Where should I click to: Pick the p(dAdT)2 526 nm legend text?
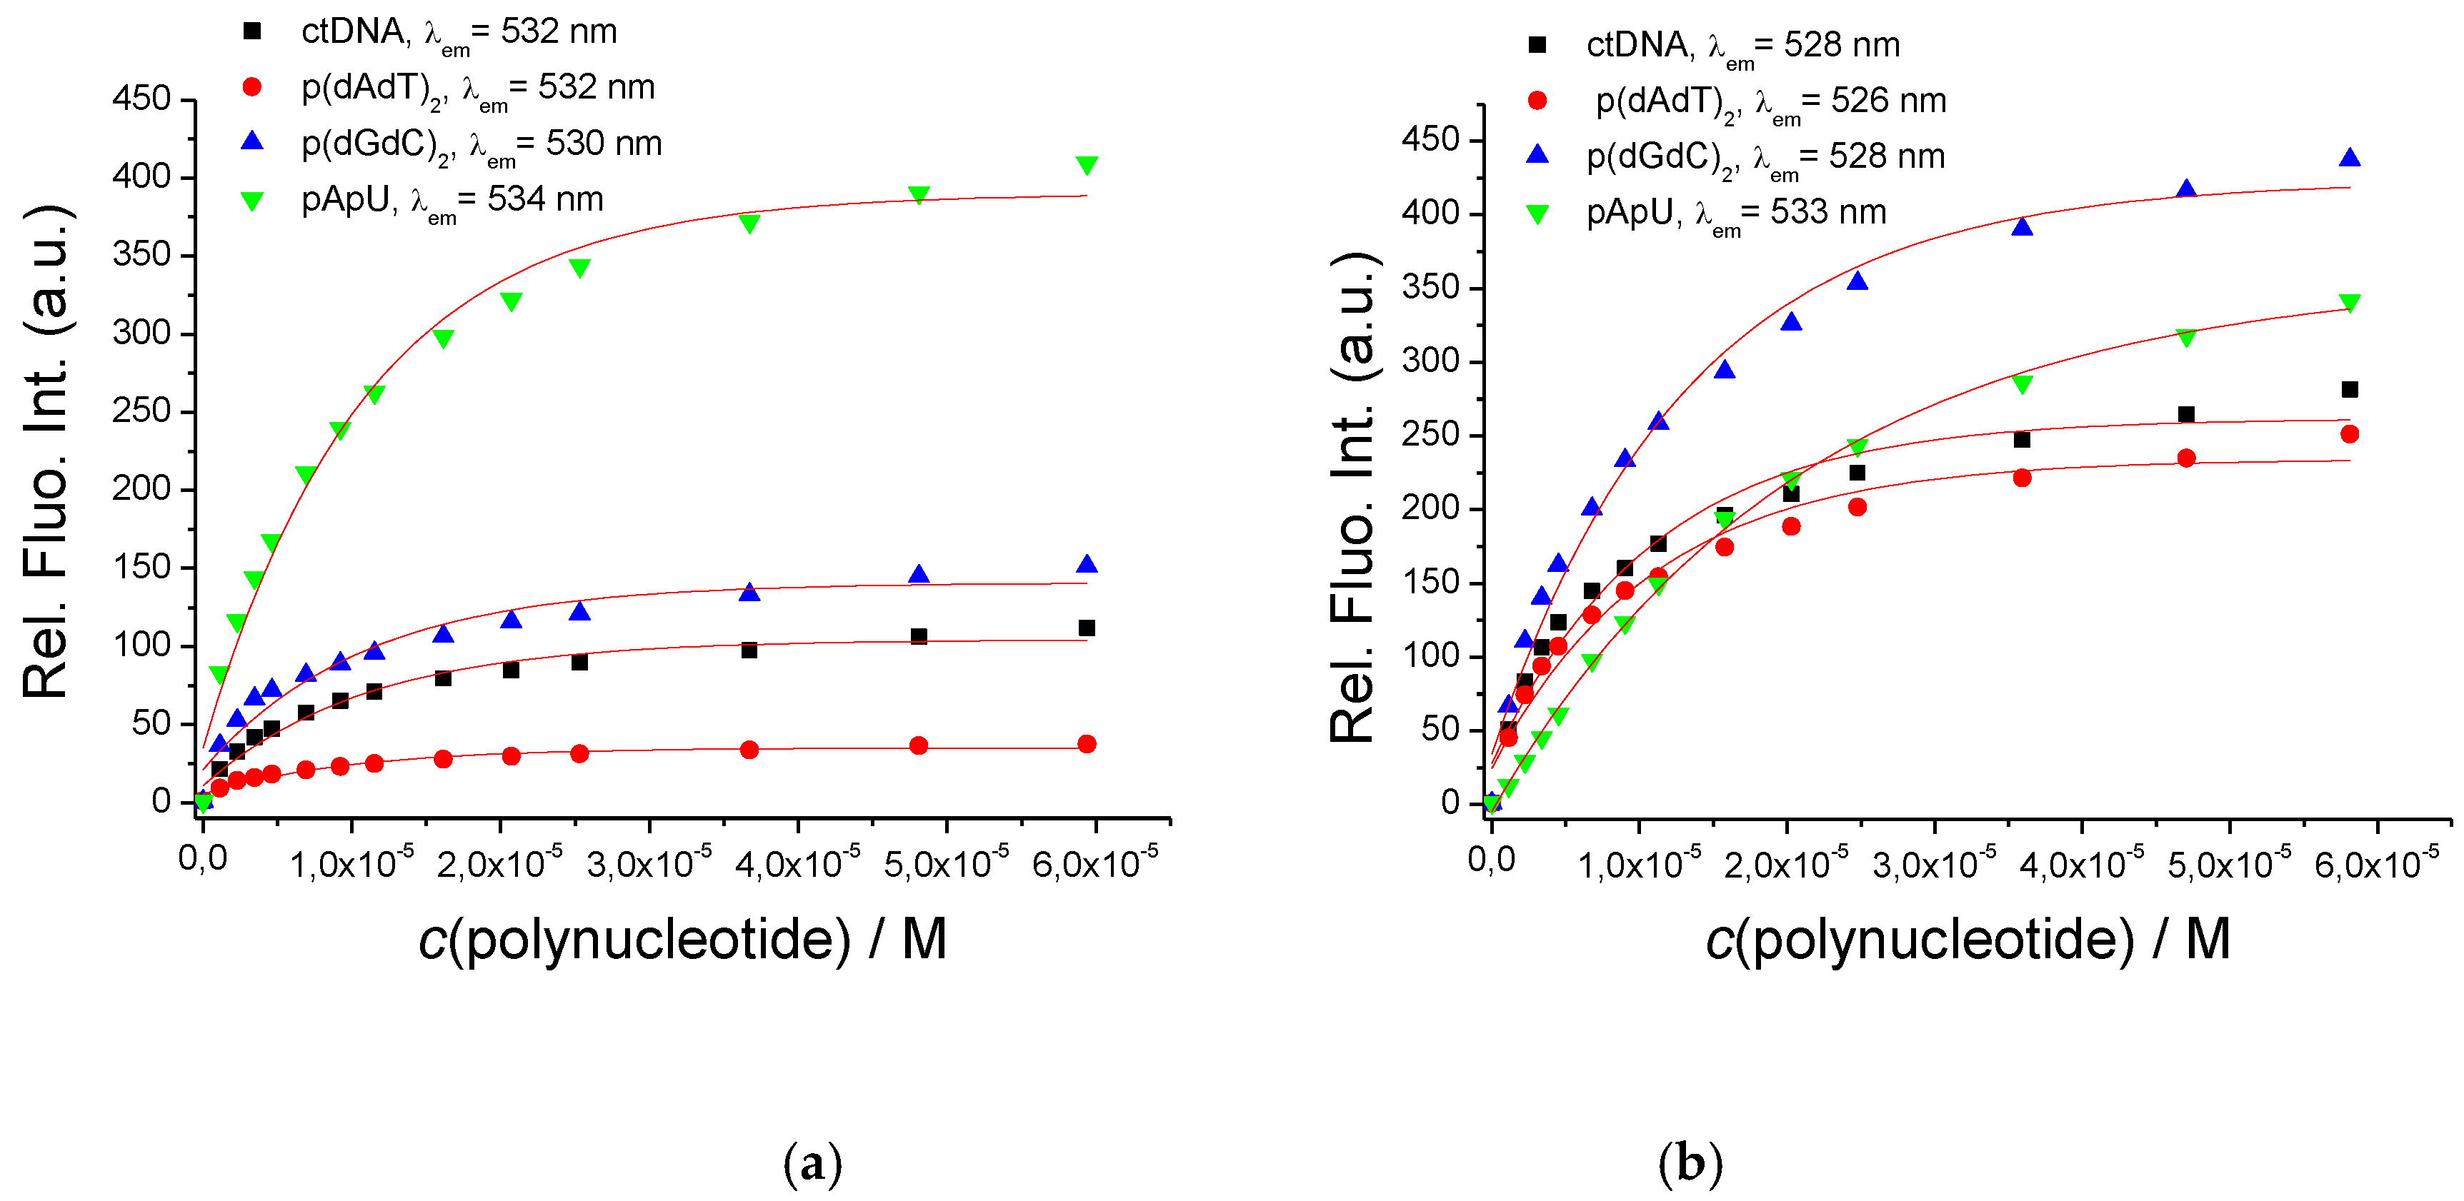[x=1770, y=101]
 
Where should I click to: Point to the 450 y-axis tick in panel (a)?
[x=141, y=99]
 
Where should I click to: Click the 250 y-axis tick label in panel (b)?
[x=1431, y=434]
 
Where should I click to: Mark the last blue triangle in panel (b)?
[x=2349, y=158]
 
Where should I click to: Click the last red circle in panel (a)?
[x=1087, y=744]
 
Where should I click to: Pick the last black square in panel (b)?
[x=2349, y=389]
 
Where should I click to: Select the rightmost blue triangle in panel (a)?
[x=1087, y=565]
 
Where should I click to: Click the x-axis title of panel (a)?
[x=683, y=940]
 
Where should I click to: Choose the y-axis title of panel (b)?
[x=1354, y=497]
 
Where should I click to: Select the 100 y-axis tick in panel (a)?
[x=141, y=645]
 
